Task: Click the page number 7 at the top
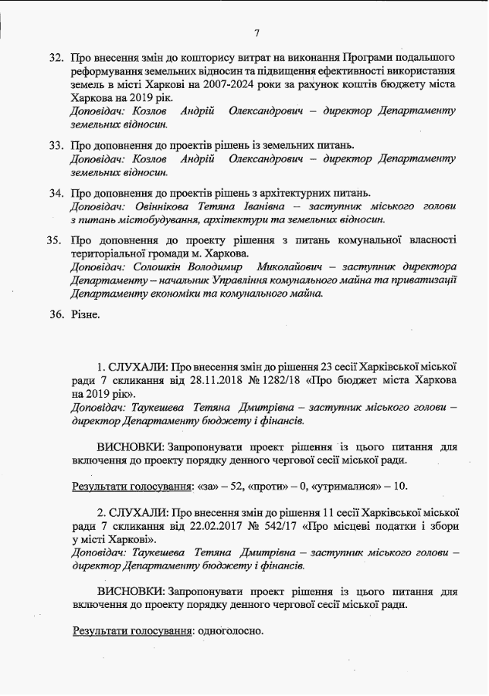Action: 256,32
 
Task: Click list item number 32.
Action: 55,59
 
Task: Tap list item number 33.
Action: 55,145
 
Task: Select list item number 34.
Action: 55,192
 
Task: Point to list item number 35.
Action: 55,240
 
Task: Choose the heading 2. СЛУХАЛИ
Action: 133,511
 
